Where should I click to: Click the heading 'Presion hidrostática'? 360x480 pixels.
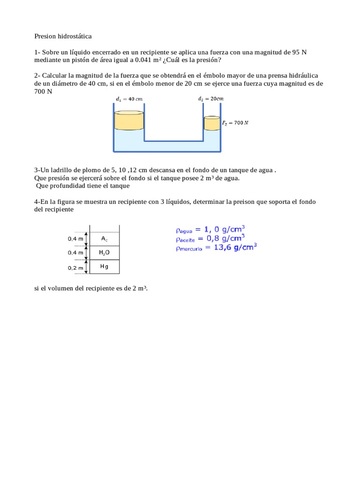pyautogui.click(x=63, y=36)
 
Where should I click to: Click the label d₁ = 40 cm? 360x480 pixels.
pyautogui.click(x=129, y=99)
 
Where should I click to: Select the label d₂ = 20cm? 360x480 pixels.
pyautogui.click(x=210, y=99)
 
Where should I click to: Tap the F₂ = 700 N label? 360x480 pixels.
pyautogui.click(x=235, y=123)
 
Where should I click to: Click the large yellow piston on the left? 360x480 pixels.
pyautogui.click(x=128, y=121)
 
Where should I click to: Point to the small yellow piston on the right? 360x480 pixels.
pyautogui.click(x=211, y=124)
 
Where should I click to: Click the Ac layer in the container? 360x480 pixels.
pyautogui.click(x=104, y=239)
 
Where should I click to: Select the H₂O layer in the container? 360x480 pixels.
pyautogui.click(x=104, y=253)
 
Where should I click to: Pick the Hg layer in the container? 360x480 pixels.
pyautogui.click(x=104, y=266)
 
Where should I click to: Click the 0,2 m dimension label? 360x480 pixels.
pyautogui.click(x=75, y=268)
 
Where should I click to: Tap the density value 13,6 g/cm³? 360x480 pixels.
pyautogui.click(x=235, y=247)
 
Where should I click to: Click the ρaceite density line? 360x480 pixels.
pyautogui.click(x=210, y=239)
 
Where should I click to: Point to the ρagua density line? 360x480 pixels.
pyautogui.click(x=210, y=230)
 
